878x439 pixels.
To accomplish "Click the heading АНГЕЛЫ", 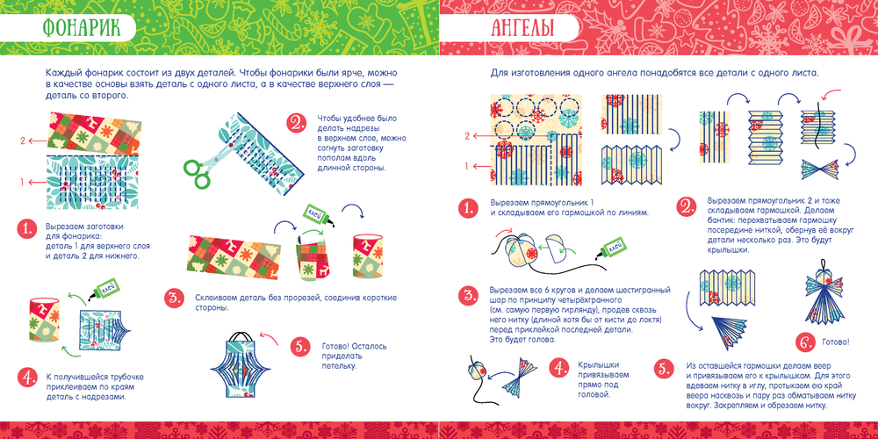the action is [523, 28].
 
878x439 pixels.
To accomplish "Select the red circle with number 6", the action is [804, 341].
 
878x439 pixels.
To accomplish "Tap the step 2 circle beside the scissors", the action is [295, 123].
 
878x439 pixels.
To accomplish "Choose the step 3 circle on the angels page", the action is [468, 296].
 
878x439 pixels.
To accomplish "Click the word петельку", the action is [339, 365].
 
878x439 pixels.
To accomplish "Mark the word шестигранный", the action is [645, 290].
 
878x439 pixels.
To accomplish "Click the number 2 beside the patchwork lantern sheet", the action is [23, 141].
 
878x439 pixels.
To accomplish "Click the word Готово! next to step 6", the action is [835, 342].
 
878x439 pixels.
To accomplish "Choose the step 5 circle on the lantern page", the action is [300, 347].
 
